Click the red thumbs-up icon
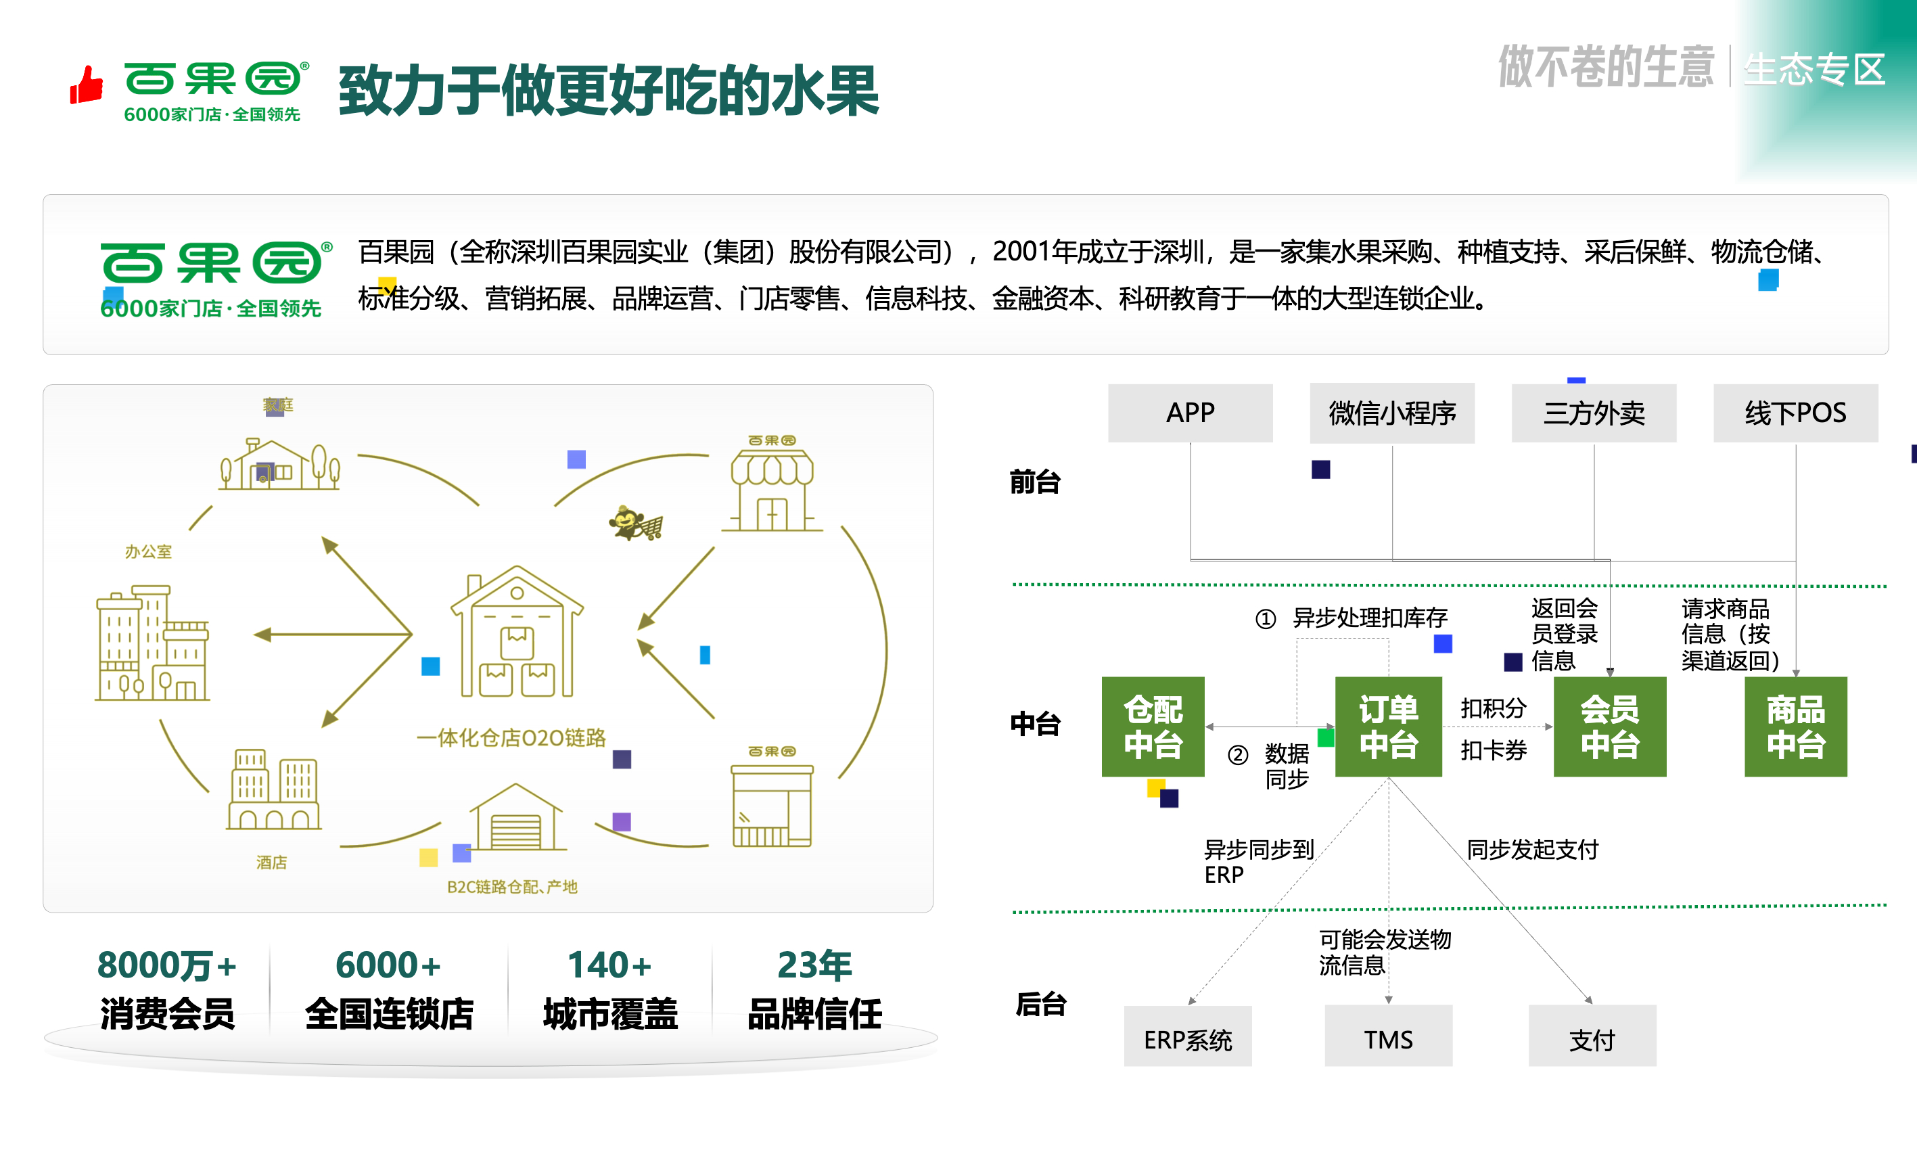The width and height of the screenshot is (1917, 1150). click(87, 85)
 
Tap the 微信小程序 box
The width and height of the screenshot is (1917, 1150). click(1391, 413)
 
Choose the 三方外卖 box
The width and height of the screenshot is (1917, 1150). click(1593, 413)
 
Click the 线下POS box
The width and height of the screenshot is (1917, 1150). click(1795, 413)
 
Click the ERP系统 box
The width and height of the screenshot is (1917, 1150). click(1187, 1038)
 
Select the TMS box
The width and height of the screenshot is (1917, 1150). click(1388, 1038)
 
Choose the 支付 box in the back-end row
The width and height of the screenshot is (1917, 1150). click(1592, 1038)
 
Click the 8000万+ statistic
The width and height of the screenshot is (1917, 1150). click(166, 965)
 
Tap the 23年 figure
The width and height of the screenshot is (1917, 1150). click(814, 965)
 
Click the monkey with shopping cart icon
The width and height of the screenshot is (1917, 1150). click(635, 524)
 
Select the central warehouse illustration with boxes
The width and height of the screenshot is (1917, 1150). click(517, 632)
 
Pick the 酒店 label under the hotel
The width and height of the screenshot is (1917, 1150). click(271, 862)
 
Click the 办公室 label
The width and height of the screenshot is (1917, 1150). click(148, 552)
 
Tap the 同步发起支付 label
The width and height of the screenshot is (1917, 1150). click(1532, 850)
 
